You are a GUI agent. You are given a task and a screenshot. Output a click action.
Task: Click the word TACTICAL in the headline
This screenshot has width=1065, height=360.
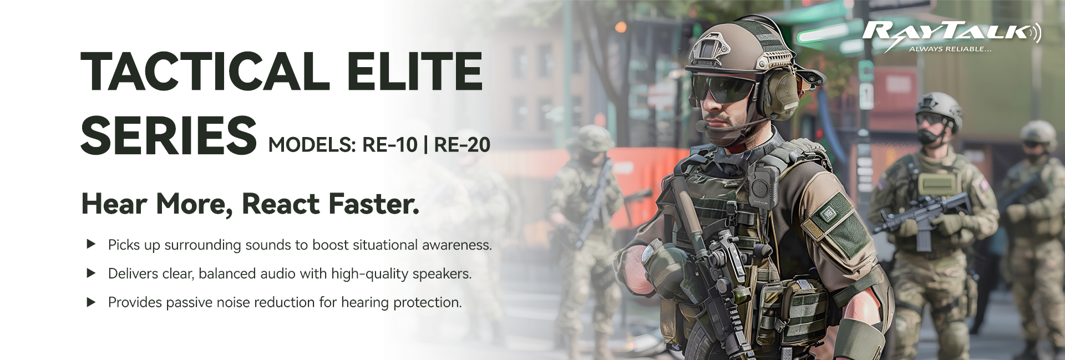click(205, 71)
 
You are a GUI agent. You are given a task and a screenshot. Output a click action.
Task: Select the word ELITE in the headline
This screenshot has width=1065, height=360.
click(415, 71)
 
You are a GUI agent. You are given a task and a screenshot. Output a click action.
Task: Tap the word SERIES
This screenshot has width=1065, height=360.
click(169, 135)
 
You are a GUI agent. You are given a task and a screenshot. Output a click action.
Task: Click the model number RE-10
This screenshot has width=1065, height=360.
click(389, 145)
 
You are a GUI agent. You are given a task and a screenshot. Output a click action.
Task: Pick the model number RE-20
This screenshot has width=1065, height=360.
click(462, 145)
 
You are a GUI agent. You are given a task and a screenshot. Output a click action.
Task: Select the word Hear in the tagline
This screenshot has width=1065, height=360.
click(115, 204)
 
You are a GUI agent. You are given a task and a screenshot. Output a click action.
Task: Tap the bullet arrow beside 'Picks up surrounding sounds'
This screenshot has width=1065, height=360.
click(92, 244)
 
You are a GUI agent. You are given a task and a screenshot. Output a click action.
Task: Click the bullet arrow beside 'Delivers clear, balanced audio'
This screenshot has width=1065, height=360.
click(92, 273)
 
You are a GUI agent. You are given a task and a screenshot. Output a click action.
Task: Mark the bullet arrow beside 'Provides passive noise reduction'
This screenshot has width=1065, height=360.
click(92, 302)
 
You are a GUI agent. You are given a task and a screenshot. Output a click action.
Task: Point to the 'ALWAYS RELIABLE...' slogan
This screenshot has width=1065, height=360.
click(950, 49)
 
